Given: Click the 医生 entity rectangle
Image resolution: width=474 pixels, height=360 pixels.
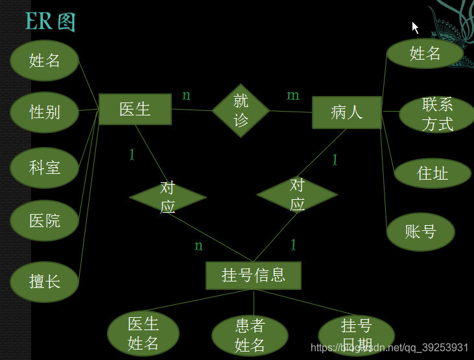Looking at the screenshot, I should coord(135,109).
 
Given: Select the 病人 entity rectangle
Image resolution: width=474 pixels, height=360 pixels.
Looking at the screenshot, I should coord(346,112).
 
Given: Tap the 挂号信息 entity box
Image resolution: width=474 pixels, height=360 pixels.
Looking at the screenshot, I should coord(254,274).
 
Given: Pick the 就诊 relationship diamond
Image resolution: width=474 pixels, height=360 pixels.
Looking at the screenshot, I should coord(241,110).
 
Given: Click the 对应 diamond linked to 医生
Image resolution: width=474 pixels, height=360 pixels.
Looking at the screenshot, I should coord(168,197).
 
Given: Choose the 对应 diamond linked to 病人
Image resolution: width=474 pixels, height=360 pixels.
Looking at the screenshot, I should coord(297,194).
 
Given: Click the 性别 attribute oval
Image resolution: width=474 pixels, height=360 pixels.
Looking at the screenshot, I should coord(45,112).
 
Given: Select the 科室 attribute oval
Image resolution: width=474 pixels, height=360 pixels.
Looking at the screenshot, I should coord(45,167).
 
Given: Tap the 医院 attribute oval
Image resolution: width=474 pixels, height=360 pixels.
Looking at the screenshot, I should coord(45,221).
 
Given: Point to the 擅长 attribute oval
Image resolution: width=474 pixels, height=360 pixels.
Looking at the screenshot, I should coord(45,282).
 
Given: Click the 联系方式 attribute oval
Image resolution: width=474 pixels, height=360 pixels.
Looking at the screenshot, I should coord(437,114).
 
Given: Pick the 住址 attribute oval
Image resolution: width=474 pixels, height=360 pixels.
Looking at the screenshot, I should coord(433,173).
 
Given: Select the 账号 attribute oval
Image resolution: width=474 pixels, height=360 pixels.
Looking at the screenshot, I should coord(420,232).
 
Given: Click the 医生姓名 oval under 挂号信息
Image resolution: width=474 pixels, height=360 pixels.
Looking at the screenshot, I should coord(143,333).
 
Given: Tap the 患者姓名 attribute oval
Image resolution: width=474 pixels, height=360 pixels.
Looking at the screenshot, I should coord(250,335).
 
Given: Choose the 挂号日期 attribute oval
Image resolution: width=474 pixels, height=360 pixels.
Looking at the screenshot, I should coord(356,333).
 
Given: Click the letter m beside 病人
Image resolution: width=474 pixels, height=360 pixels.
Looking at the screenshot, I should coord(293,95).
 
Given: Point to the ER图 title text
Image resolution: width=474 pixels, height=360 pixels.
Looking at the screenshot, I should coord(50,21).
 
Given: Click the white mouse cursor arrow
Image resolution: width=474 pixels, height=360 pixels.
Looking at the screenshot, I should coord(415,27).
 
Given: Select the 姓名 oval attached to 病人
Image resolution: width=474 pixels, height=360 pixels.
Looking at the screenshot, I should coord(425,54).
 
